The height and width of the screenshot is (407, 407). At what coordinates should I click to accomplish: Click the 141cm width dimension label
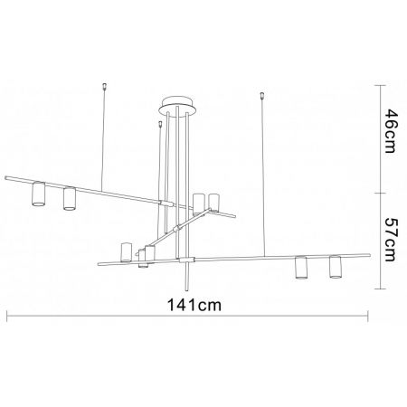point(194,305)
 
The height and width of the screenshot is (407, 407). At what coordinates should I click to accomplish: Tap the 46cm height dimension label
point(392,131)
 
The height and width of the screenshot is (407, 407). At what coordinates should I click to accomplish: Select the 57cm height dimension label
point(392,239)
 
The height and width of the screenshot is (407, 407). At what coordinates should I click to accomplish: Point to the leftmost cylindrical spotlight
point(38,194)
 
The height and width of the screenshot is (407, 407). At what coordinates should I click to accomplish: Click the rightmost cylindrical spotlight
point(336,267)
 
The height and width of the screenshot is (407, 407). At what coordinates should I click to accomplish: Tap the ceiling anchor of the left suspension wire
point(105,86)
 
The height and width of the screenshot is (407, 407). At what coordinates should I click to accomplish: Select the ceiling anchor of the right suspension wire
point(262,96)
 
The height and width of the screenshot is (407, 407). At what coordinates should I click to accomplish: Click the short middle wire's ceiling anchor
point(160,125)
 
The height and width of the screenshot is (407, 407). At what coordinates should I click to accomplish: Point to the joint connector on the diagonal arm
point(177,227)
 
